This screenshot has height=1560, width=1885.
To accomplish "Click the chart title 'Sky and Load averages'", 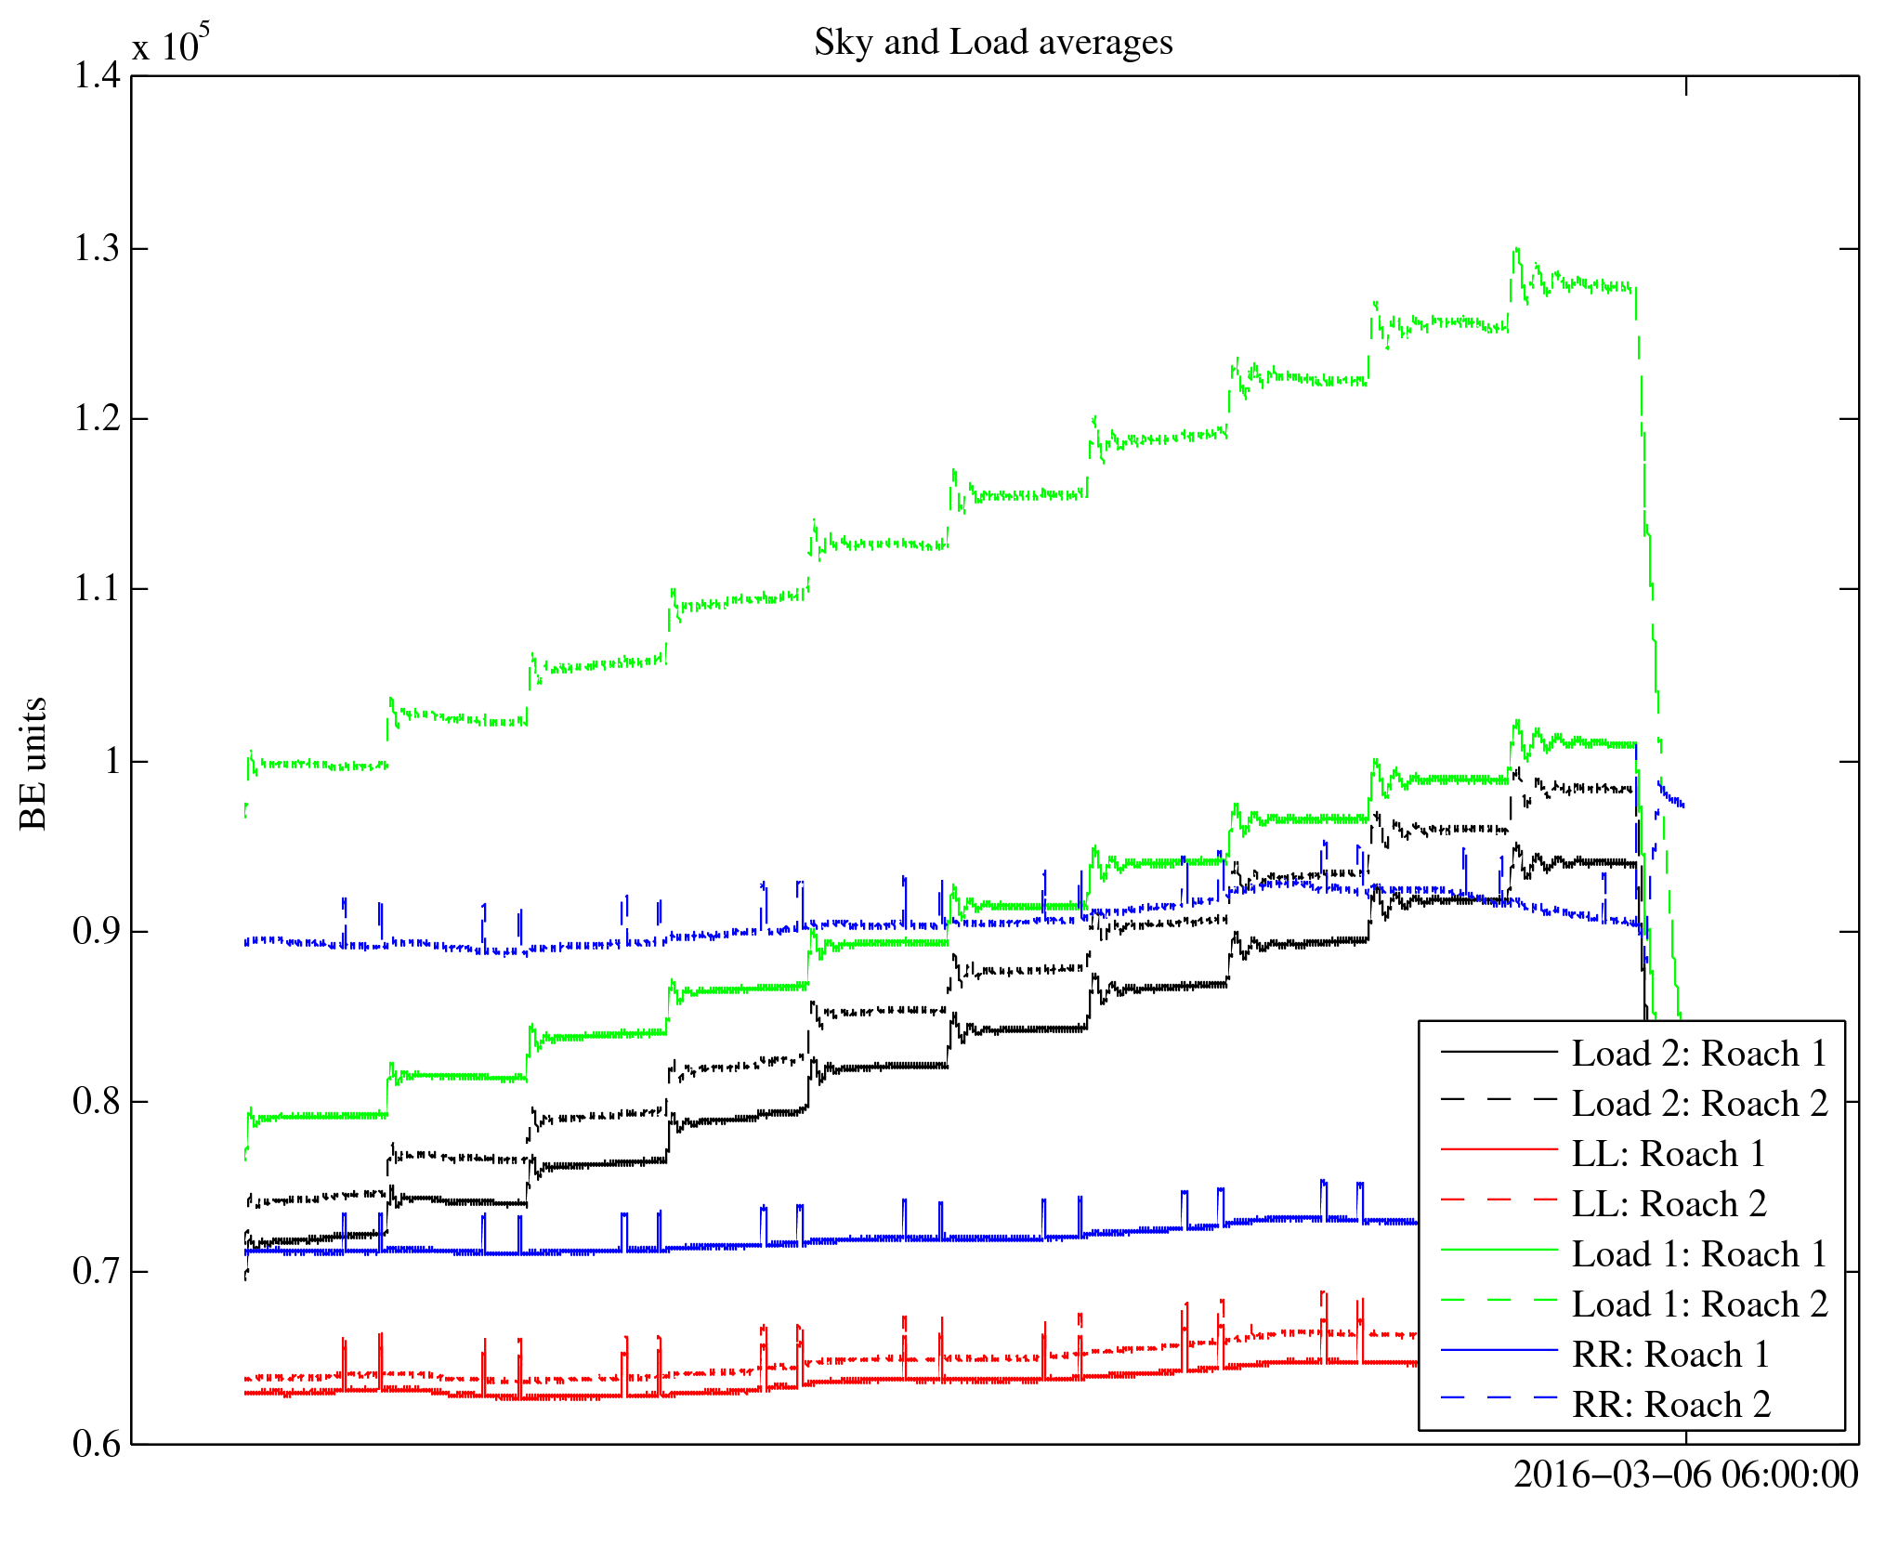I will pyautogui.click(x=993, y=43).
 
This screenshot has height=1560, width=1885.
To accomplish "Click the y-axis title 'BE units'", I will pyautogui.click(x=33, y=763).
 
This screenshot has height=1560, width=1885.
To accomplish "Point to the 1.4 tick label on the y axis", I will pyautogui.click(x=97, y=76).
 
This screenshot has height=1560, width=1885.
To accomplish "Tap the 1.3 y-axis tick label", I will pyautogui.click(x=97, y=249).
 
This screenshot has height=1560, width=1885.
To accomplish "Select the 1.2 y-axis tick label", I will pyautogui.click(x=97, y=419).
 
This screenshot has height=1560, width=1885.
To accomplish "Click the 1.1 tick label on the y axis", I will pyautogui.click(x=97, y=589).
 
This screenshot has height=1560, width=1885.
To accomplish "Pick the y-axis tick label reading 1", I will pyautogui.click(x=112, y=762).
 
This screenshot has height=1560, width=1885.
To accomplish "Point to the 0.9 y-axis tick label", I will pyautogui.click(x=97, y=931).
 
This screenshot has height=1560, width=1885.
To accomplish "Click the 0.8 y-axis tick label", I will pyautogui.click(x=97, y=1102).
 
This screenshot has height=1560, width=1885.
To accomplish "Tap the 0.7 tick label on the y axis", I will pyautogui.click(x=97, y=1271).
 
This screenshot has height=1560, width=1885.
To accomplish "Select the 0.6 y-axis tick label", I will pyautogui.click(x=97, y=1444).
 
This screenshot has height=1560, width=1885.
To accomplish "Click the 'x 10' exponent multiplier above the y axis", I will pyautogui.click(x=170, y=44).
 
